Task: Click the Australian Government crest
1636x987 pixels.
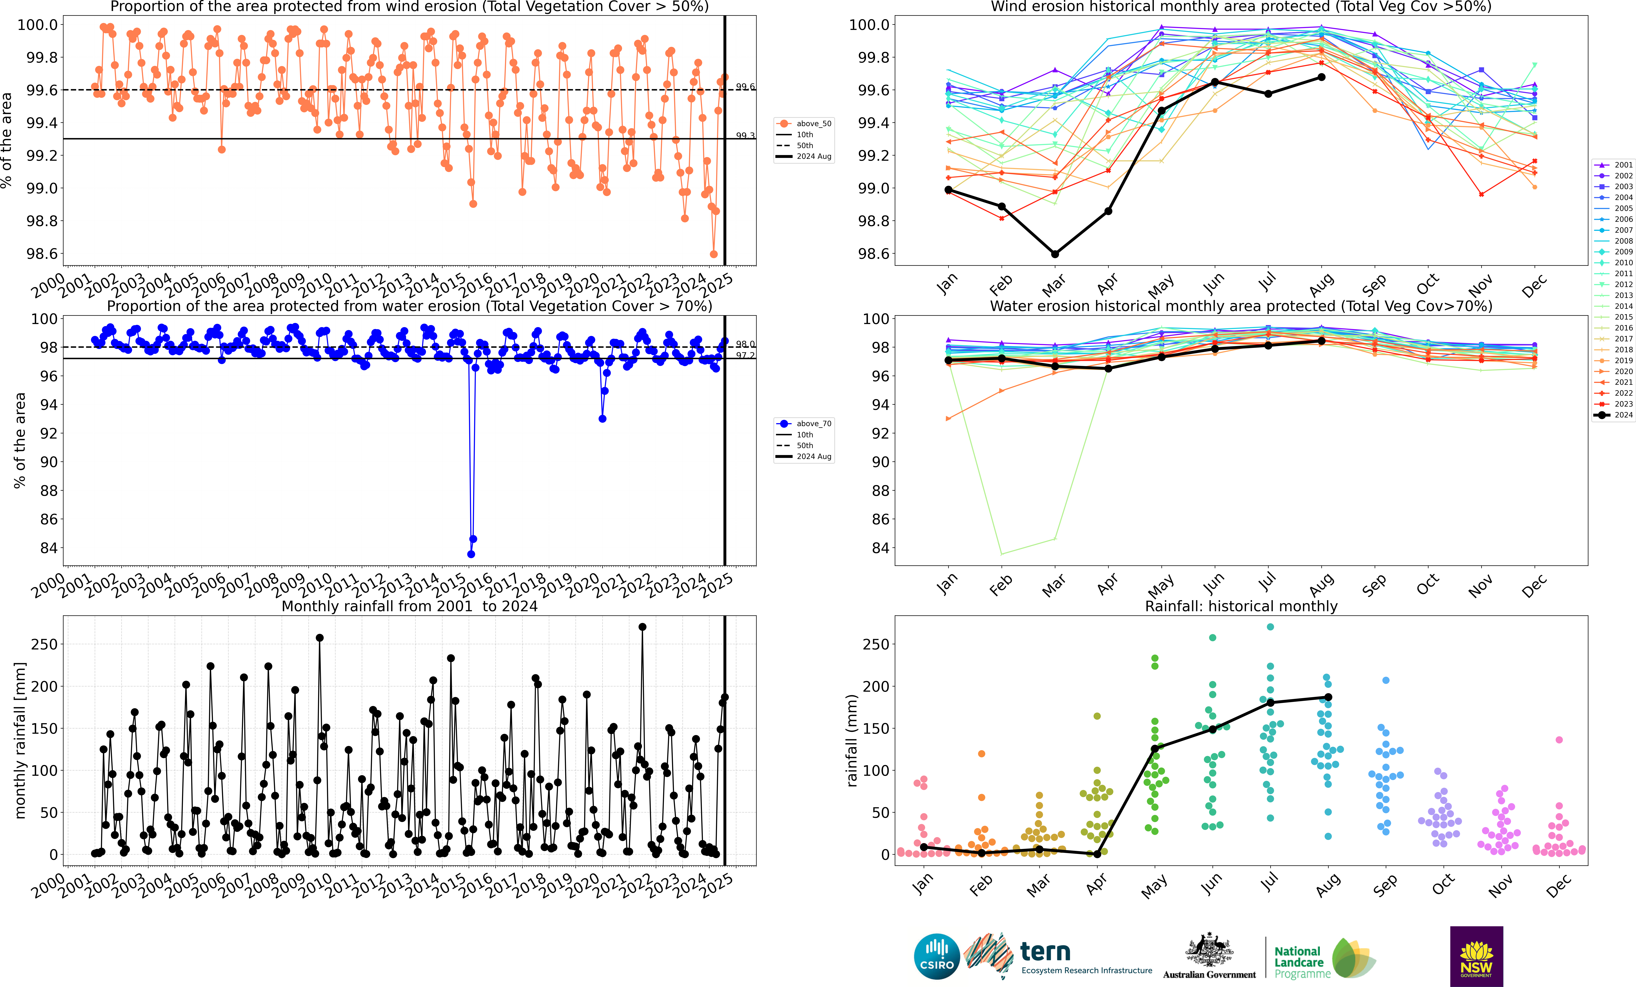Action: (1209, 949)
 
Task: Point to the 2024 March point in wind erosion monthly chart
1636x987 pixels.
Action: (1054, 254)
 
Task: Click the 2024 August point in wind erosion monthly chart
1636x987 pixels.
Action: (1321, 77)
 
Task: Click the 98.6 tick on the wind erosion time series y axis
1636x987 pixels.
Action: (41, 254)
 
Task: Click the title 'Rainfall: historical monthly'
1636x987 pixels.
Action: (1241, 606)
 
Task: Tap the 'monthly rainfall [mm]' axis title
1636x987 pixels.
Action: (20, 740)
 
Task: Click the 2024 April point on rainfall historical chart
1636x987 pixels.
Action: (1097, 854)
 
